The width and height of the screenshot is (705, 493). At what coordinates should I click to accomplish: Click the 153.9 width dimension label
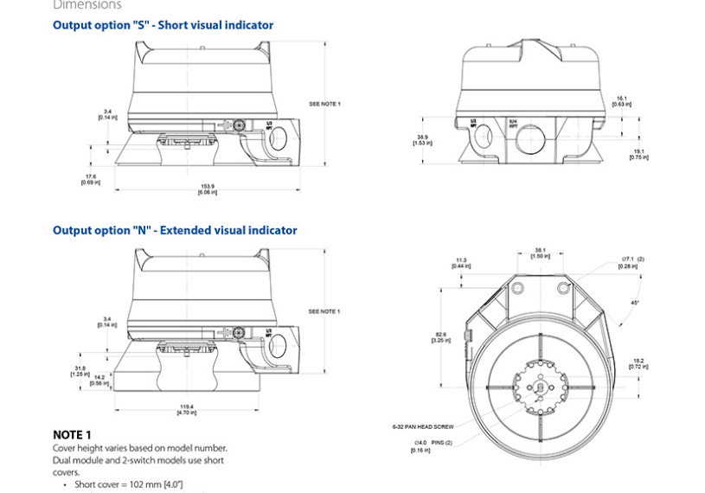click(208, 189)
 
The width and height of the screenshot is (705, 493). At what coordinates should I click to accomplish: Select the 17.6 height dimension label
click(91, 178)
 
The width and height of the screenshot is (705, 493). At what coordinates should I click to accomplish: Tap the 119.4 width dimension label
click(186, 408)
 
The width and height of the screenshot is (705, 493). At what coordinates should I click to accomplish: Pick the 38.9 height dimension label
click(422, 139)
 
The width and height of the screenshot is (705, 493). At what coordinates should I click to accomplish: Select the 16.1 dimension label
click(620, 101)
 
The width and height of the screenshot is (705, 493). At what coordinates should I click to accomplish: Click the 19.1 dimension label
click(639, 154)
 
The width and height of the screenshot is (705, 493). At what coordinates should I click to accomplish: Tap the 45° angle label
click(637, 303)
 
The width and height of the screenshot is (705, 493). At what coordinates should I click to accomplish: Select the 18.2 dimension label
click(638, 363)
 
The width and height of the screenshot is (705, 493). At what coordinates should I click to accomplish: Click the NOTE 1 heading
click(72, 434)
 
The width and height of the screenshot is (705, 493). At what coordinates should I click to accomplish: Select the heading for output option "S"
click(163, 25)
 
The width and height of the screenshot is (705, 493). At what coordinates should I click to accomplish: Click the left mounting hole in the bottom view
click(517, 287)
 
